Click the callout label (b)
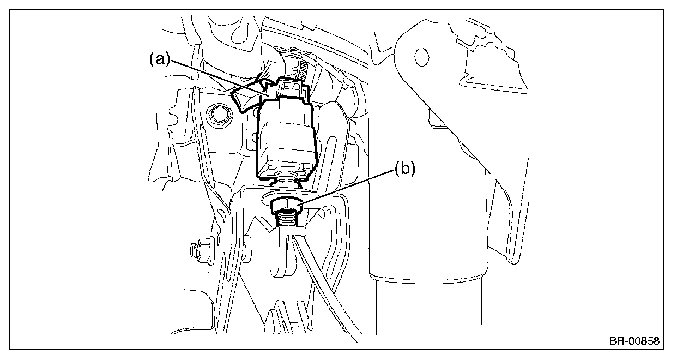tap(404, 169)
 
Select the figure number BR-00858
tap(634, 341)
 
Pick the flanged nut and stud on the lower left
tap(200, 250)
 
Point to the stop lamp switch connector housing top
tap(289, 90)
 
